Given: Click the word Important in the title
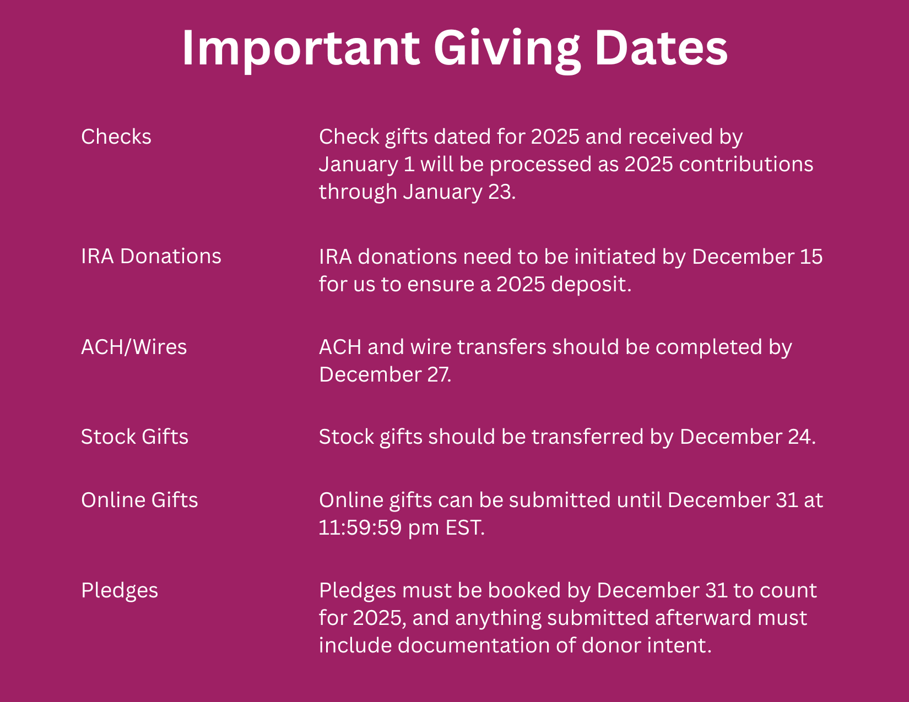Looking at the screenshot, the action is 301,48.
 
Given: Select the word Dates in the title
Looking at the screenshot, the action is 661,48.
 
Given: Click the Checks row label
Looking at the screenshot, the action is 116,137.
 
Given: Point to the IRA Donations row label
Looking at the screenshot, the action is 151,257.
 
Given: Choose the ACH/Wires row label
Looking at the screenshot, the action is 134,347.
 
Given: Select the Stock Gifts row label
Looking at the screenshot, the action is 135,437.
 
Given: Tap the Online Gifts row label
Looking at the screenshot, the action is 140,500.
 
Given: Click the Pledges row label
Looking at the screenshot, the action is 120,591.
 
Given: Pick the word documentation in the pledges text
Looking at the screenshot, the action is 474,645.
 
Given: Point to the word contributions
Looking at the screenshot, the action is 746,164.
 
